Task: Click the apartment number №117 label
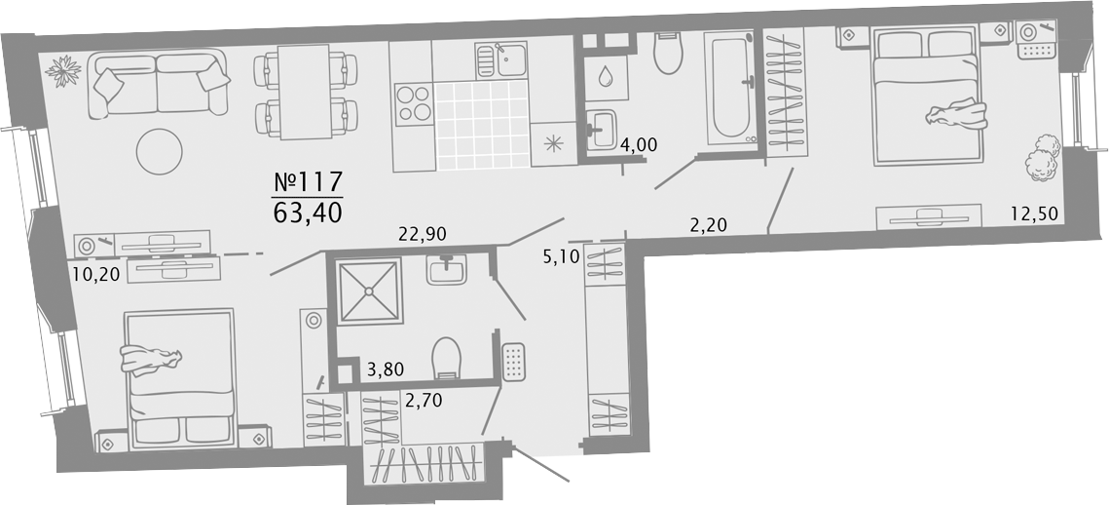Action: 308,182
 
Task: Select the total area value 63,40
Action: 308,212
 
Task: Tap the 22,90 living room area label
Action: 422,233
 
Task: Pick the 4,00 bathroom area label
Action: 639,145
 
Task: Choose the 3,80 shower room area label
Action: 387,369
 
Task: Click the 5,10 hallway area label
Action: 562,256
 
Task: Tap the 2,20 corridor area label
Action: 710,226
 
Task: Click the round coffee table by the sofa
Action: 160,151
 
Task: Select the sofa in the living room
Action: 160,84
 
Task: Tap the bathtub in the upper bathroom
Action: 730,87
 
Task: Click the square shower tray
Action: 369,291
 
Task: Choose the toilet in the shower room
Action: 446,356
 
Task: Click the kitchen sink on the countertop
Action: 501,59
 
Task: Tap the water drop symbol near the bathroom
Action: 606,76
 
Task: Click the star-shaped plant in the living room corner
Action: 63,69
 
